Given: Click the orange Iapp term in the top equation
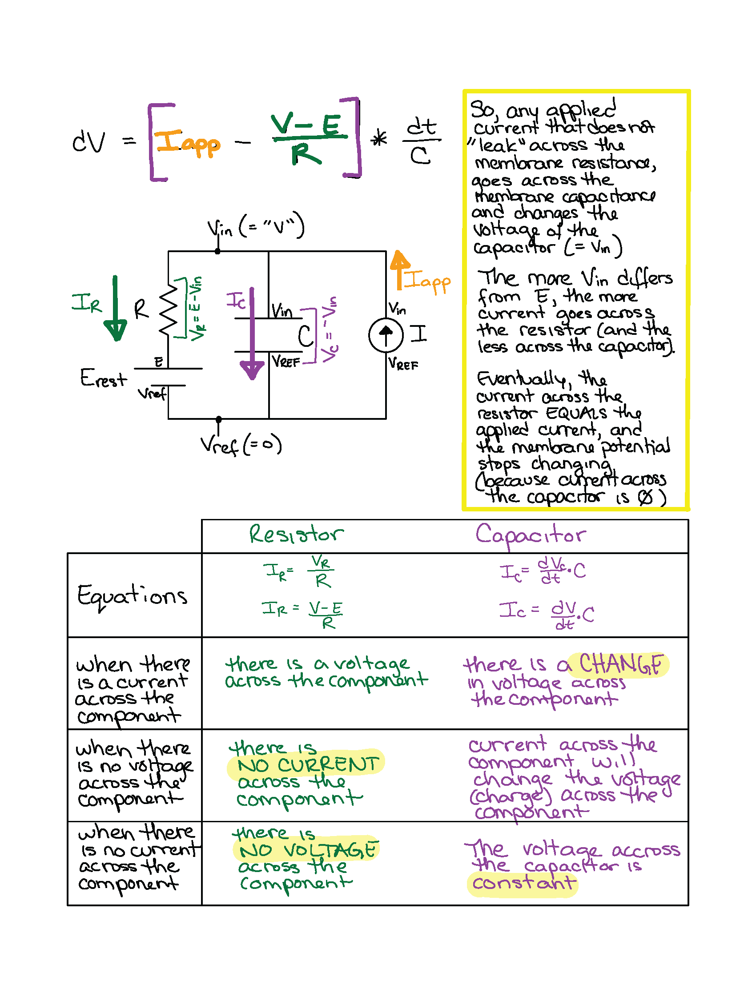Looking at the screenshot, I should (187, 143).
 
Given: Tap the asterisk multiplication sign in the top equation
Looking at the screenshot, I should (379, 139).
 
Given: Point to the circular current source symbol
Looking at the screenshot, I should (386, 335).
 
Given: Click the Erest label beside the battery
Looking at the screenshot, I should (103, 378).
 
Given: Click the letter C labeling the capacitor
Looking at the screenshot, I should (306, 336).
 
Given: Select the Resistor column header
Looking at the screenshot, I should (296, 535).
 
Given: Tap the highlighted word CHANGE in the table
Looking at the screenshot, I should (620, 664).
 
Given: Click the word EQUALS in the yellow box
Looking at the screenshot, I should (576, 414).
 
